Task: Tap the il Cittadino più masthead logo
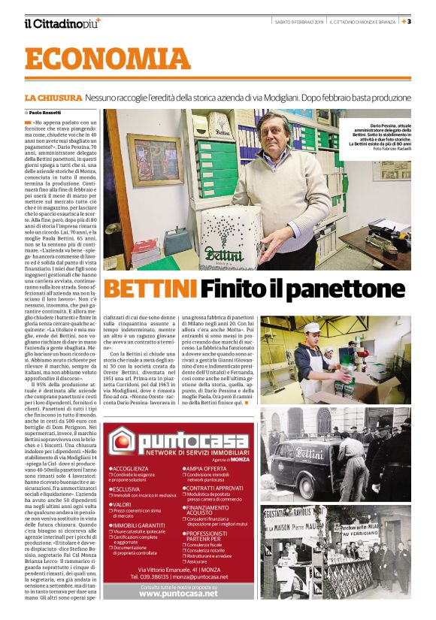pyautogui.click(x=61, y=23)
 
